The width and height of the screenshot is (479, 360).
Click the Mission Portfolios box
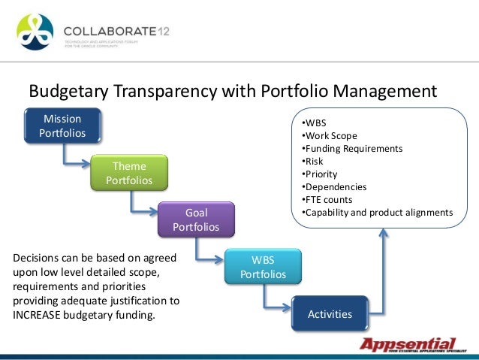(62, 126)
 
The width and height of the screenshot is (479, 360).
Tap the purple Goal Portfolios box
(196, 219)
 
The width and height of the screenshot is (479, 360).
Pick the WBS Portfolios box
(263, 267)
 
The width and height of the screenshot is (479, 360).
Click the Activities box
(330, 313)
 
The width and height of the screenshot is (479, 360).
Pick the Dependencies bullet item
(333, 186)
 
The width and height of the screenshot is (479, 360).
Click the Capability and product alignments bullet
(376, 212)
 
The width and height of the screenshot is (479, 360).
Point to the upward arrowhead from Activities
(384, 234)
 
